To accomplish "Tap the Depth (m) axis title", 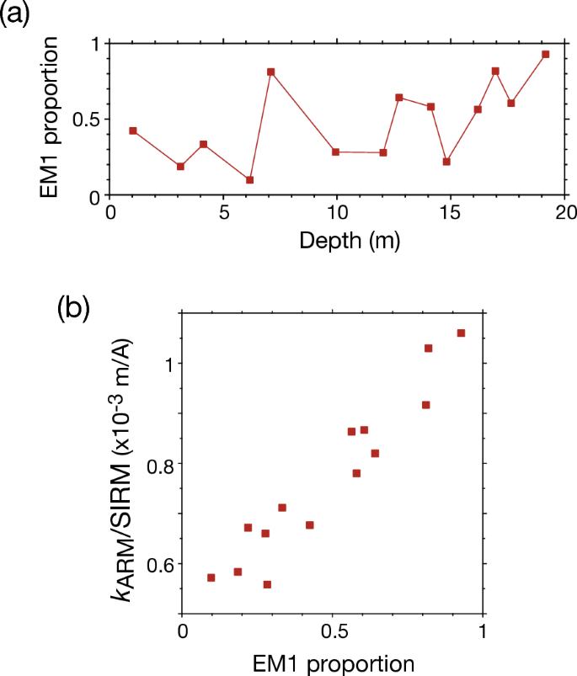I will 349,242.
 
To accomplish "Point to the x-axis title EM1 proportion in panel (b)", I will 333,663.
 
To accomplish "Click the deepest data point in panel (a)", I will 546,54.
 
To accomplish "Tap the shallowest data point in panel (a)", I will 133,130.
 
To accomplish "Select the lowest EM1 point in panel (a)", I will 249,180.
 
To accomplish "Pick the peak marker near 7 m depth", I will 271,72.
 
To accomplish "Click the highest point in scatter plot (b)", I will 461,333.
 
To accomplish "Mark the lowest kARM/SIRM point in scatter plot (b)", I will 267,584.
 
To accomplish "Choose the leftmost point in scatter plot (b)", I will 211,578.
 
